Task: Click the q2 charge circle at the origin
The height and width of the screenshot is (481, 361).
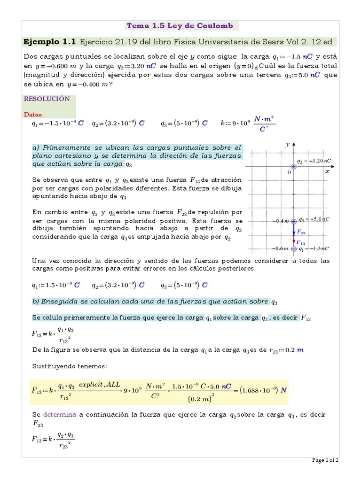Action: click(294, 166)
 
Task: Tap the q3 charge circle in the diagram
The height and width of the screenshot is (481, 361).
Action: click(294, 221)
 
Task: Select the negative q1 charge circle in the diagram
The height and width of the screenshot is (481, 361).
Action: click(294, 248)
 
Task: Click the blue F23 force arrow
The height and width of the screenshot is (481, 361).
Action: click(294, 229)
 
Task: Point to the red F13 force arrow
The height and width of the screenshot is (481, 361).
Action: click(294, 240)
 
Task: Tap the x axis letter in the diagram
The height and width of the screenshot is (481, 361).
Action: click(327, 172)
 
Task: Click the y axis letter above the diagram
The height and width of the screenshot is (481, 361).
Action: click(287, 145)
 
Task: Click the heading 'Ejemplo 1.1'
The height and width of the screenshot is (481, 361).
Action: click(49, 42)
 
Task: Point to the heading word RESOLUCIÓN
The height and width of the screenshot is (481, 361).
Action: click(47, 99)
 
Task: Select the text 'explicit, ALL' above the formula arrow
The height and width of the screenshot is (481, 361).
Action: click(100, 384)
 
